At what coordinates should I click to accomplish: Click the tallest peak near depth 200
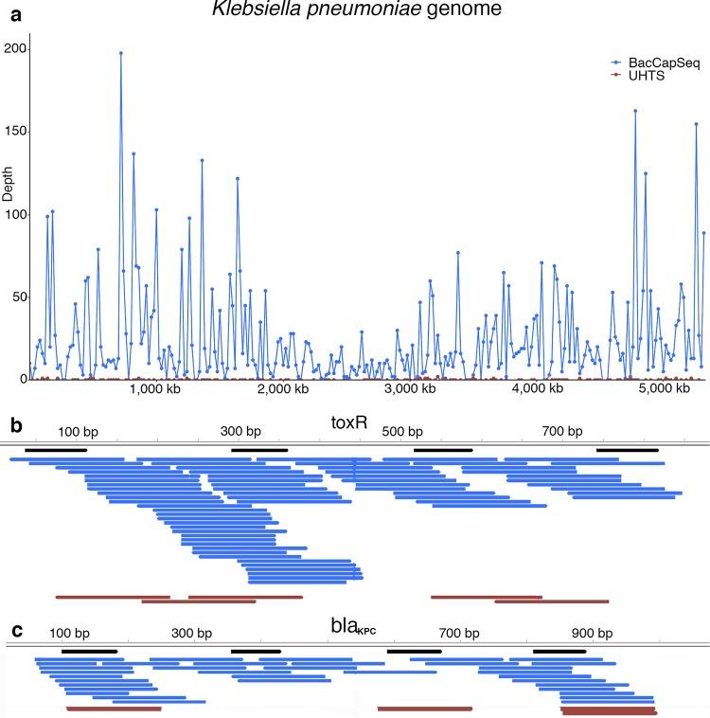(121, 53)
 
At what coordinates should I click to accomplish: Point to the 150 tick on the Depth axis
(15, 132)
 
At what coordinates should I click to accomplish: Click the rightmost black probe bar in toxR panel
(628, 450)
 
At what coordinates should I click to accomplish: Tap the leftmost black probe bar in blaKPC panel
(89, 651)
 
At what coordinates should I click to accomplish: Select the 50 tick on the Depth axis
(19, 297)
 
